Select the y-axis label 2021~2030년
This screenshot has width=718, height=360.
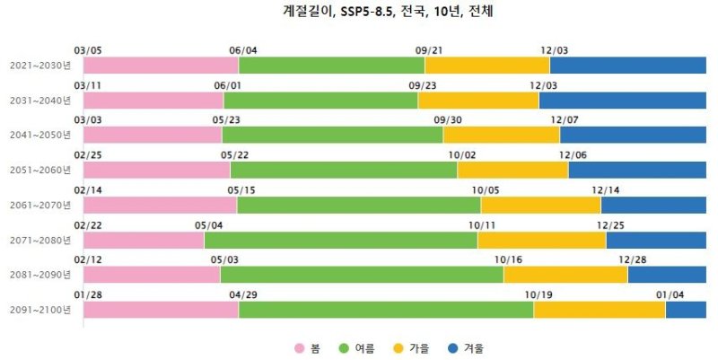[x=39, y=66]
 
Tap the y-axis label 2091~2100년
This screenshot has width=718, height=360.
[x=39, y=310]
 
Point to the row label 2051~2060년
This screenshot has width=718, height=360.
[x=39, y=170]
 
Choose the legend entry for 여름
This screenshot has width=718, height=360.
[x=356, y=347]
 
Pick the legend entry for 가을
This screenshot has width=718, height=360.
[x=411, y=347]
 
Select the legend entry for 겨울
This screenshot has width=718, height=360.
[x=464, y=347]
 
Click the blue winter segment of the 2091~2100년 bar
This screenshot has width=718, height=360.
[x=686, y=310]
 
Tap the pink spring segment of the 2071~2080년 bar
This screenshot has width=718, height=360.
[x=144, y=240]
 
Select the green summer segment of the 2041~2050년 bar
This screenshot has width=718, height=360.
[x=332, y=135]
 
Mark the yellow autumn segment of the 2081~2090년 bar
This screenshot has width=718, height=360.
[x=565, y=275]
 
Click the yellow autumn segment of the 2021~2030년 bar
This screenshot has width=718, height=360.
[x=486, y=66]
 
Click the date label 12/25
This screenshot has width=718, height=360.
[x=610, y=224]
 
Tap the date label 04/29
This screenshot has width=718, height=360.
[x=243, y=294]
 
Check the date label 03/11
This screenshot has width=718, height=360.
[x=88, y=85]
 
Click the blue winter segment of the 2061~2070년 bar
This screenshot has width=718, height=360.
[x=653, y=205]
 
